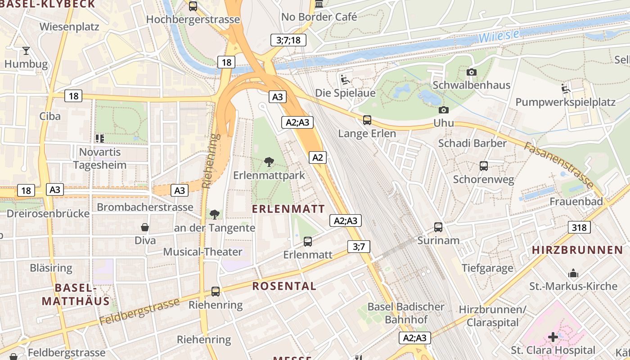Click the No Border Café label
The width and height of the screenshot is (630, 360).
319,17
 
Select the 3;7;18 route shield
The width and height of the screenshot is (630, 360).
288,40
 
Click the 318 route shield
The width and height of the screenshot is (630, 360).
579,228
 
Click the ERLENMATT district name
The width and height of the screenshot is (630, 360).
288,209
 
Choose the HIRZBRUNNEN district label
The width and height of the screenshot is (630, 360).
577,250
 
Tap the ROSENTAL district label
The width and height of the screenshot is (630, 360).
284,286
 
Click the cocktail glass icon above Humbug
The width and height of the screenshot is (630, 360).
26,50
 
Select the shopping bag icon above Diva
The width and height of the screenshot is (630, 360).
145,227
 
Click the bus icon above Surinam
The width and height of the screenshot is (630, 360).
438,227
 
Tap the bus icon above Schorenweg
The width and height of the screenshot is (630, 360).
484,166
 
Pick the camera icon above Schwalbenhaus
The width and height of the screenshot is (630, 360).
471,72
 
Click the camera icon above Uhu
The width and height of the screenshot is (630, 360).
443,110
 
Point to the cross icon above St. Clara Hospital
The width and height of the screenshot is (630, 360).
553,337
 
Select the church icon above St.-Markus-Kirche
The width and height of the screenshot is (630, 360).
573,273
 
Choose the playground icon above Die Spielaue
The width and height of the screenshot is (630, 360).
345,80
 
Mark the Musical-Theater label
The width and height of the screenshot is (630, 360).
202,252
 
